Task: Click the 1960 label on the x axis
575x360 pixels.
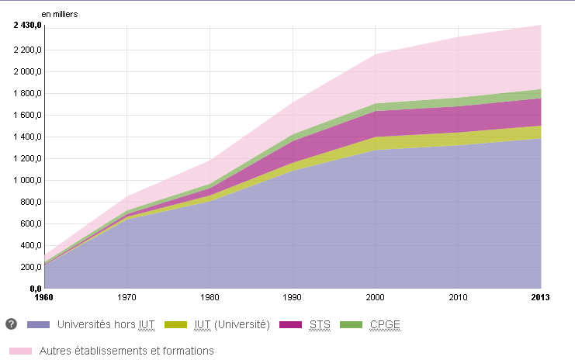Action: (44, 296)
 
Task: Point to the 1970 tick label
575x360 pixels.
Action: (126, 296)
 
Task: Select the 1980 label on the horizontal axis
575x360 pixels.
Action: (210, 296)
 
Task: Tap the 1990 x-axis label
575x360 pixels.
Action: (293, 296)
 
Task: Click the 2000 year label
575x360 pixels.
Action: (376, 296)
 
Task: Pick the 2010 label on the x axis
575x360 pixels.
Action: (458, 296)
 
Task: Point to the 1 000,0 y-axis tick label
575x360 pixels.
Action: (27, 181)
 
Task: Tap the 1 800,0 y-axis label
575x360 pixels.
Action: (27, 94)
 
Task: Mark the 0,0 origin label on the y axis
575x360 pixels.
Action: (35, 289)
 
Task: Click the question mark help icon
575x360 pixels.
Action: (12, 324)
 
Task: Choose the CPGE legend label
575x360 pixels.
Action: (385, 324)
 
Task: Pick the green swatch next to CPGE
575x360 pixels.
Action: (354, 325)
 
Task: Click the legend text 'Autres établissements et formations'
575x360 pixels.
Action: (126, 351)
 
